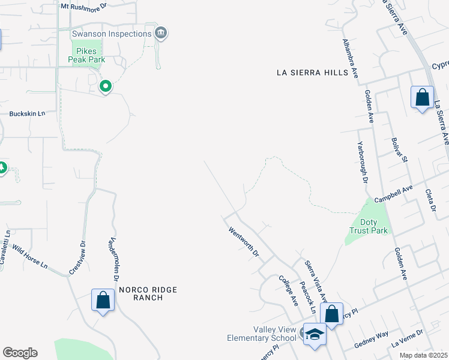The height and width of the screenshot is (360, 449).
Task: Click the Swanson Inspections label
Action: click(x=112, y=34)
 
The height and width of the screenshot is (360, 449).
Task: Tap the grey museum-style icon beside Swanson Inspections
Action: click(x=161, y=33)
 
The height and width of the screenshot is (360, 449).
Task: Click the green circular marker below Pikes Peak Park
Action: click(x=106, y=87)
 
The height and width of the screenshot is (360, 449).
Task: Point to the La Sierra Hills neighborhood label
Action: click(x=312, y=73)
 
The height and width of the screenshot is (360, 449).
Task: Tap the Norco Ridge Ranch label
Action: click(x=148, y=293)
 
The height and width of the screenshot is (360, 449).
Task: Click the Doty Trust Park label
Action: click(x=369, y=226)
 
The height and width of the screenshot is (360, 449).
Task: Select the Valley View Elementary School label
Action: click(x=262, y=334)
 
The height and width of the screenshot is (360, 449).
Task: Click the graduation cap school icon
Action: click(x=314, y=334)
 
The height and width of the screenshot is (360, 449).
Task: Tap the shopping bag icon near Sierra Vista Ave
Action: click(x=331, y=313)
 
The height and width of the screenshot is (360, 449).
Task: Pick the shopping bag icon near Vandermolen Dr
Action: click(x=103, y=299)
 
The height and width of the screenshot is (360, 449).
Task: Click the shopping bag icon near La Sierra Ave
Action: click(x=422, y=97)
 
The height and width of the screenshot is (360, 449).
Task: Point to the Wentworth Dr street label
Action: click(x=243, y=242)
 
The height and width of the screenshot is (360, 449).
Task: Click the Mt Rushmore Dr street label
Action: click(x=83, y=5)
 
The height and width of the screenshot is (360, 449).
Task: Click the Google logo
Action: click(x=20, y=353)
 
